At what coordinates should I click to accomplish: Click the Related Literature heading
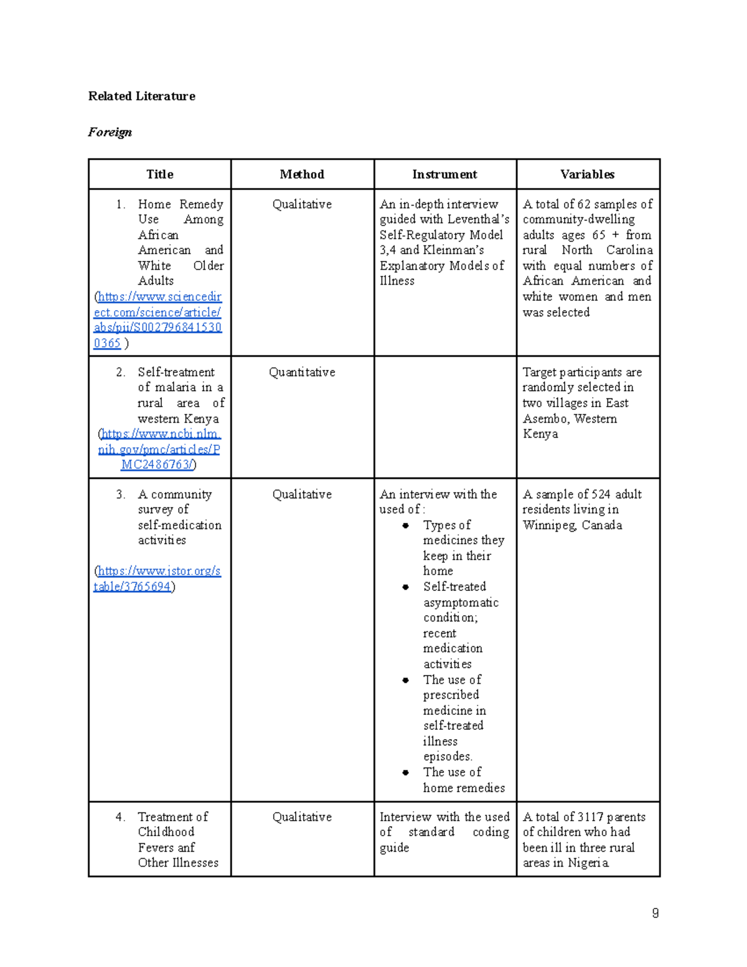(141, 96)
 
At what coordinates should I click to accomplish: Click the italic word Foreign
(110, 132)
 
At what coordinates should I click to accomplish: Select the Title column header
(159, 174)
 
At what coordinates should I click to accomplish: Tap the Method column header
(302, 174)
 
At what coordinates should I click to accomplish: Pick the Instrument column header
(444, 174)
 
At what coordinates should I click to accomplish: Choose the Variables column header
(587, 174)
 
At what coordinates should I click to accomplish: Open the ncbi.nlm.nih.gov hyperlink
(159, 449)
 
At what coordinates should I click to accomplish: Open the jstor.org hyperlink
(157, 578)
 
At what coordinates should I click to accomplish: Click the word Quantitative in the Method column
(302, 372)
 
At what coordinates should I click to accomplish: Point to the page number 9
(655, 913)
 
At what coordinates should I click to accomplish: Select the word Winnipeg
(549, 525)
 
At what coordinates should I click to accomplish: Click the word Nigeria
(588, 863)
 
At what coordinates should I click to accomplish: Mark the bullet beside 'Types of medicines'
(405, 526)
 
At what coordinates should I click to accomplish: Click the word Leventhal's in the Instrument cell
(478, 219)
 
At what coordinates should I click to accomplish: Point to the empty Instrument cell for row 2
(444, 417)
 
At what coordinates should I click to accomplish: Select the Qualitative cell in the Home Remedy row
(302, 204)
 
